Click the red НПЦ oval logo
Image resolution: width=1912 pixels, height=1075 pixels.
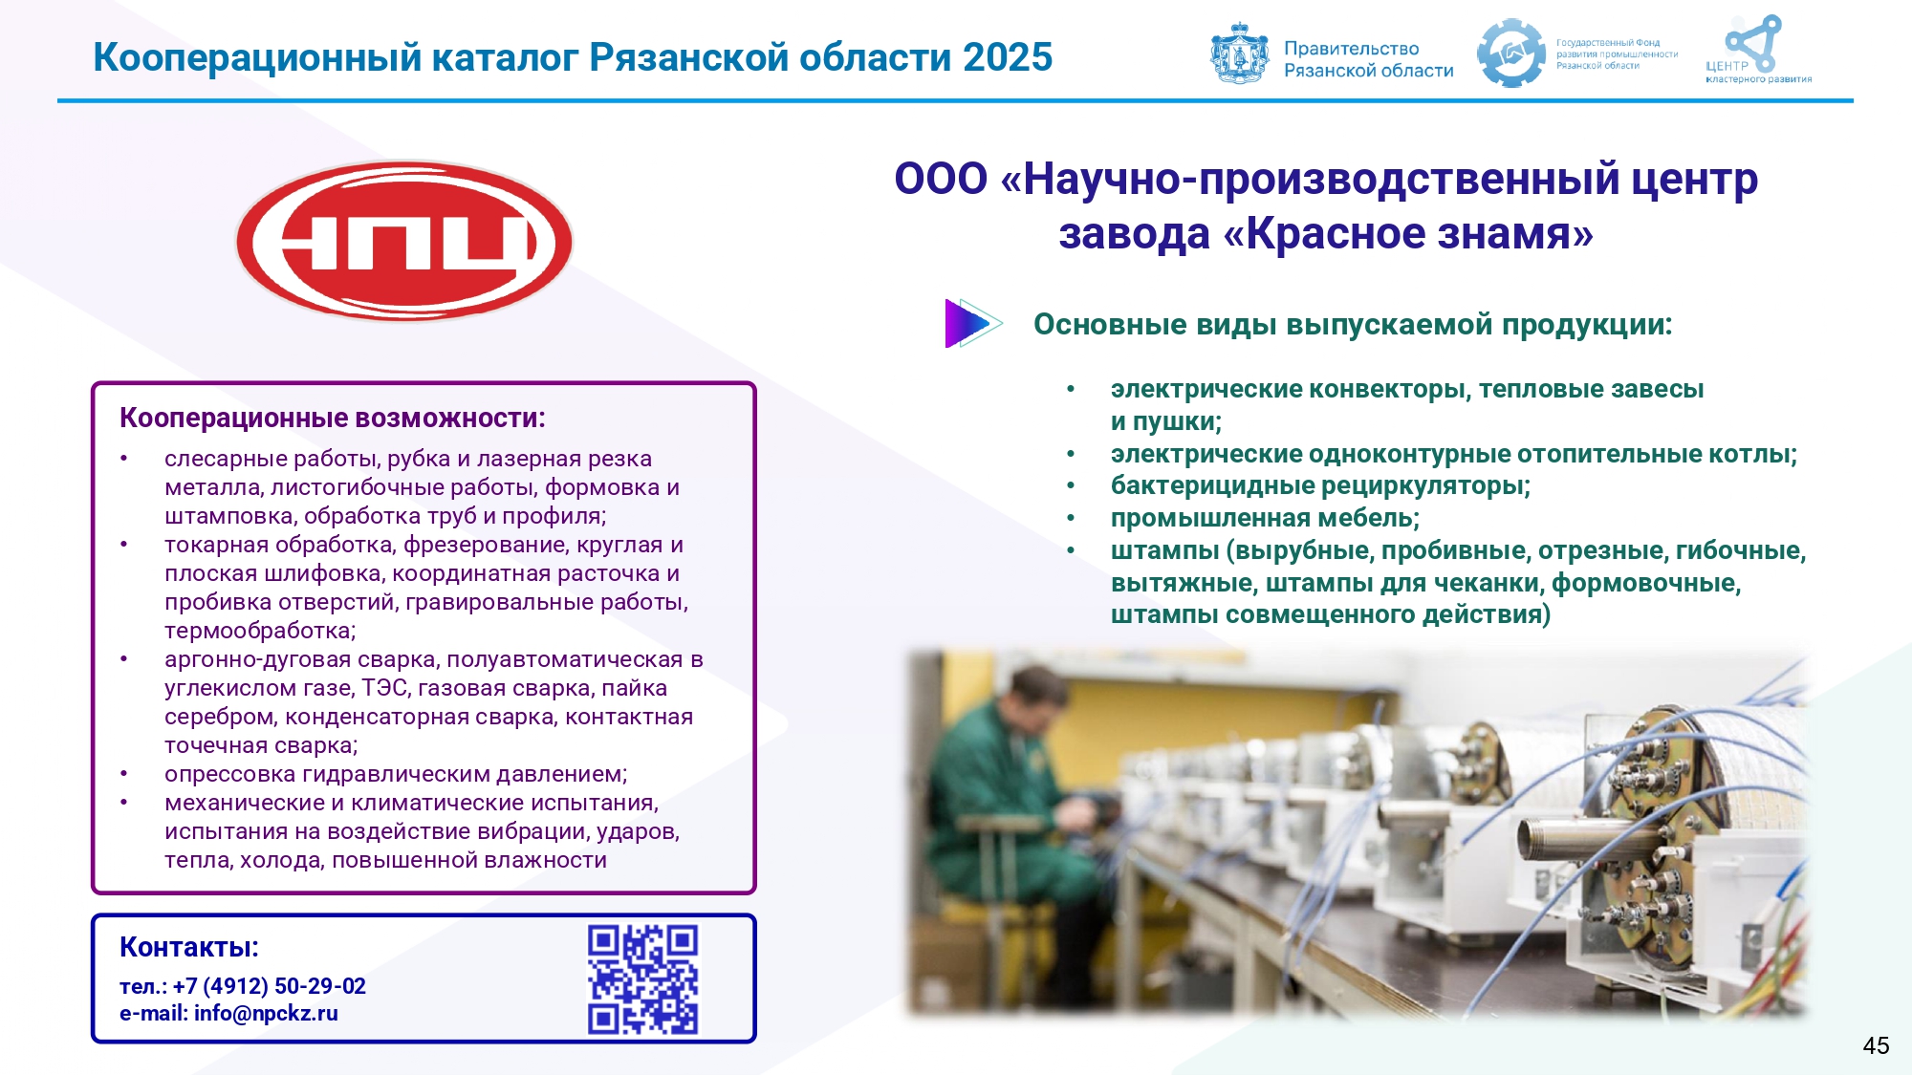404,241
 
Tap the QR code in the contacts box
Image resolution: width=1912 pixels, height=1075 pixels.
642,979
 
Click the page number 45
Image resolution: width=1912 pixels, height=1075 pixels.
1876,1045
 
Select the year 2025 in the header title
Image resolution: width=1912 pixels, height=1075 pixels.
1008,57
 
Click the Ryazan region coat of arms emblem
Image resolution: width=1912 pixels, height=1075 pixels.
1240,54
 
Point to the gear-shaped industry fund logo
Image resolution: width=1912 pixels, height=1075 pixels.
1510,54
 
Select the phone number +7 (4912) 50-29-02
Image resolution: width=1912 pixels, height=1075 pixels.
270,986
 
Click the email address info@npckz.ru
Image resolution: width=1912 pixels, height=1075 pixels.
266,1013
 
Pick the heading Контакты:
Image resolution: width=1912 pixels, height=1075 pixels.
189,947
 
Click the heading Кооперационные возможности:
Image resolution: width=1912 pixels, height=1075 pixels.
333,419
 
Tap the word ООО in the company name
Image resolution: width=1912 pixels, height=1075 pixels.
941,179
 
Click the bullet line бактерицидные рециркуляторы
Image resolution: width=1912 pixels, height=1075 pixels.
1320,485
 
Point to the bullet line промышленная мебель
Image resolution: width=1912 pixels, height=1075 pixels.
1265,518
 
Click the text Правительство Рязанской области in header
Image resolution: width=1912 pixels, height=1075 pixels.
1368,59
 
